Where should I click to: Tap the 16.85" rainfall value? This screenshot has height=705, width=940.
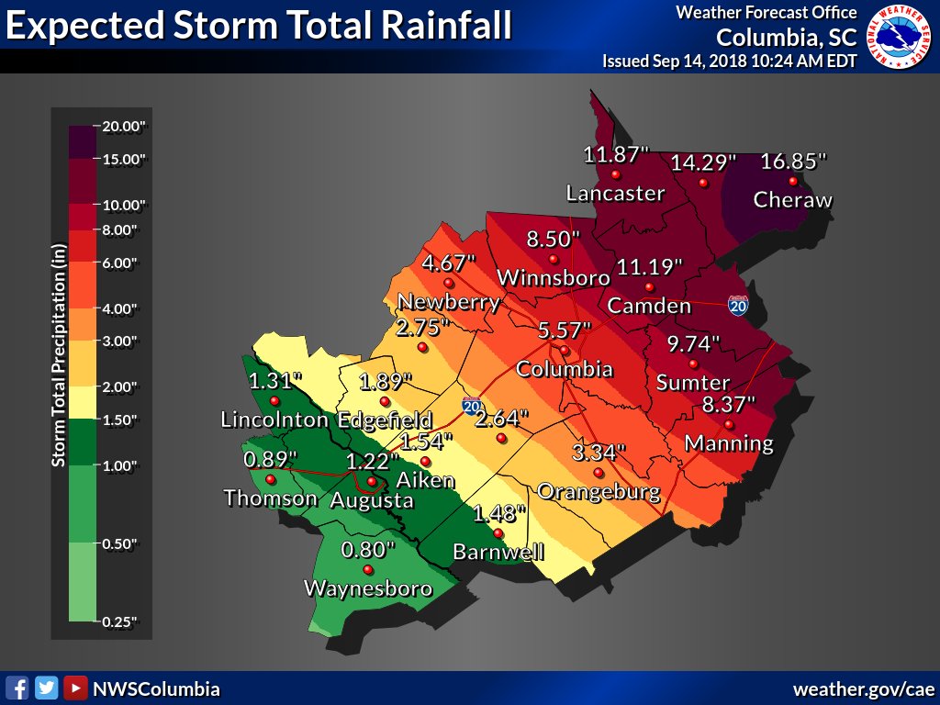[x=795, y=162]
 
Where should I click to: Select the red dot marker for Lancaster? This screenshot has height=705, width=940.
[x=616, y=174]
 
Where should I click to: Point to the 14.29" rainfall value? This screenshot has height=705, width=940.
[x=704, y=163]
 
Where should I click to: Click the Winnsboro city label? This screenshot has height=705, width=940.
[x=554, y=277]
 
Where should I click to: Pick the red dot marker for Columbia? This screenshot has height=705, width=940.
[x=565, y=351]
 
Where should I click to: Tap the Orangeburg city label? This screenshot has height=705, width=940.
[x=599, y=491]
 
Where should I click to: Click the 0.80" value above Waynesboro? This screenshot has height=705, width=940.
[x=368, y=550]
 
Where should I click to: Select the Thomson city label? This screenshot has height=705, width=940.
[x=271, y=498]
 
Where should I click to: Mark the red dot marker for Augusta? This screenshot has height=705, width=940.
[x=372, y=481]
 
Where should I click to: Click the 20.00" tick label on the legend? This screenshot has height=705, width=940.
[x=125, y=126]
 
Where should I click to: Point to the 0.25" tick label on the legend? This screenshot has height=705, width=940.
[x=120, y=621]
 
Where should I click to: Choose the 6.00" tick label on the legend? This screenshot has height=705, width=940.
[x=120, y=263]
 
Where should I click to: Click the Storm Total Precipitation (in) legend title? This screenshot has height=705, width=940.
[x=59, y=354]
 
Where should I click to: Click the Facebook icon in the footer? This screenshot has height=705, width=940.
[x=17, y=688]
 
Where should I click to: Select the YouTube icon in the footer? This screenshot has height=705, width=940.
[x=75, y=688]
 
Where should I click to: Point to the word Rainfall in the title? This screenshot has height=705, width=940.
[x=434, y=26]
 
